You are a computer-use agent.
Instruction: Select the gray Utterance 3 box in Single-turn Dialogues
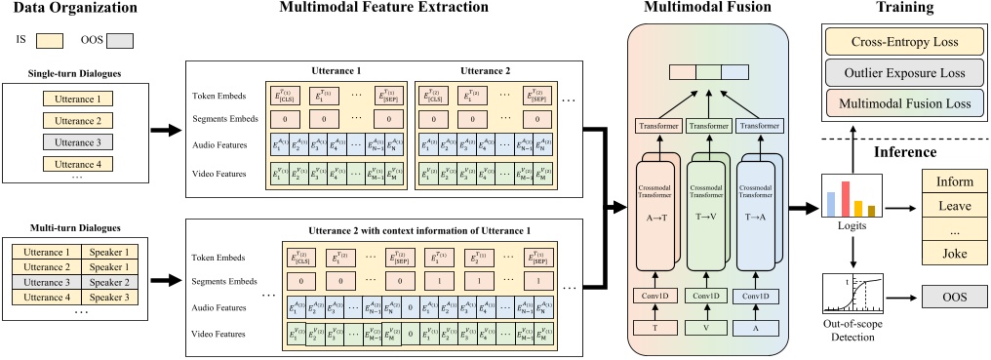point(77,142)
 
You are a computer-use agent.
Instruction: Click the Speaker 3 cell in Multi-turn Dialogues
point(110,297)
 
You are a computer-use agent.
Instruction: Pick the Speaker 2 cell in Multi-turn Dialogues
point(110,282)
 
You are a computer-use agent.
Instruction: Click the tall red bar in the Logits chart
point(846,198)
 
